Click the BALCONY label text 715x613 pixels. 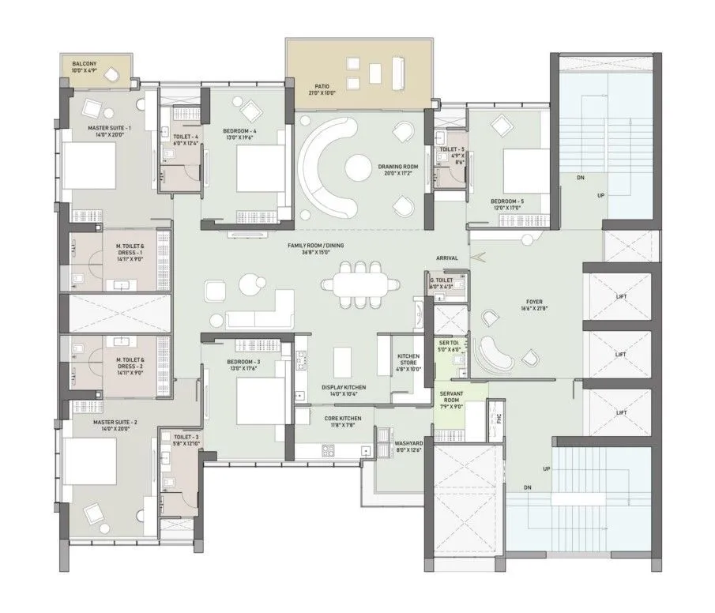pyautogui.click(x=85, y=64)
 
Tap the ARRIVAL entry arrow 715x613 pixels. pyautogui.click(x=474, y=256)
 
